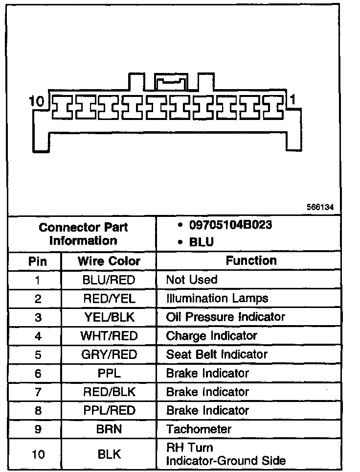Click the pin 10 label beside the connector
click(x=37, y=101)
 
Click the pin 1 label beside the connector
click(x=292, y=100)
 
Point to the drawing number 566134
click(x=320, y=207)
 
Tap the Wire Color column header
click(x=109, y=261)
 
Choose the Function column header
click(x=251, y=260)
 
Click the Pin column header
click(x=38, y=261)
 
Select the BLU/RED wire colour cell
click(x=109, y=280)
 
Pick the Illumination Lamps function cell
click(x=217, y=298)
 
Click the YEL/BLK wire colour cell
click(x=109, y=317)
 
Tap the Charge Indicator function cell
click(x=211, y=336)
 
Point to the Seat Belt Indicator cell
click(x=217, y=354)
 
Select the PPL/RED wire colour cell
click(x=109, y=410)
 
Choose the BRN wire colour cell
click(x=109, y=429)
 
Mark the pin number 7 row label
click(x=38, y=392)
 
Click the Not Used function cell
click(x=192, y=280)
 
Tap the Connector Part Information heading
click(x=83, y=234)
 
